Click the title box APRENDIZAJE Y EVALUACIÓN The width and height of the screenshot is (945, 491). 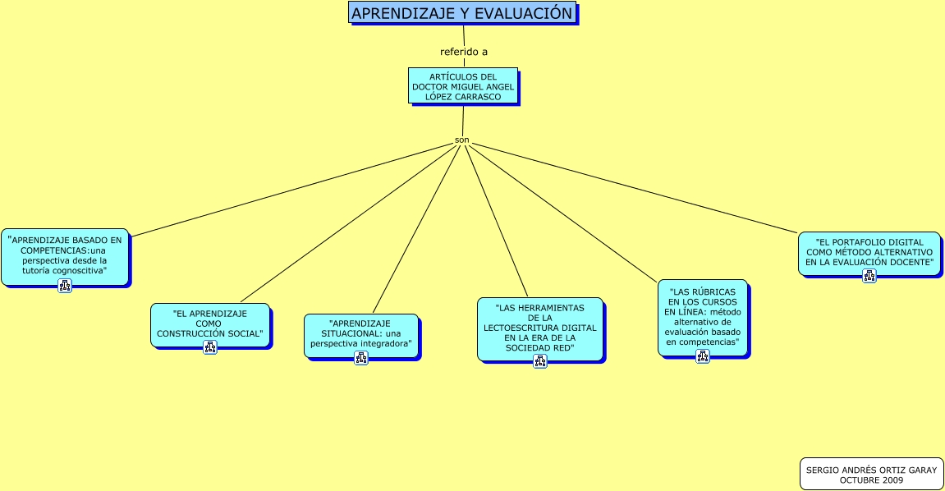point(462,13)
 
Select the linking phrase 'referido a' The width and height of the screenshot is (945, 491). point(464,52)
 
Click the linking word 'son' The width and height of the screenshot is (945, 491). point(462,140)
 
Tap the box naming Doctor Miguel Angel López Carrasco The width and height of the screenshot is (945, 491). point(463,85)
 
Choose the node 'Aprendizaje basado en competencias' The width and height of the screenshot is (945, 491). point(65,255)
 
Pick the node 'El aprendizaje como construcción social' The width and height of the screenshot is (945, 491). point(209,324)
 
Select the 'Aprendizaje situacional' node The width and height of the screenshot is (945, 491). point(360,333)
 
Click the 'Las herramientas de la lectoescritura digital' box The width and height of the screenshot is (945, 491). point(539,328)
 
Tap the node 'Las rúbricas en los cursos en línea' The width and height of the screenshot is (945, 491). point(702,316)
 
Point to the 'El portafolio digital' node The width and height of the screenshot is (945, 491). point(869,251)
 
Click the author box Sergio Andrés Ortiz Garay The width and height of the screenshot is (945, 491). point(871,474)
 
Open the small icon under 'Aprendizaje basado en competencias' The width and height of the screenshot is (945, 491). point(65,286)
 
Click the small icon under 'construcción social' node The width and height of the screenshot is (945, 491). point(210,347)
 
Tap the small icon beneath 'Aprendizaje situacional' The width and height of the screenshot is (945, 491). point(361,358)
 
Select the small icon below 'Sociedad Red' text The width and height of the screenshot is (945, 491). point(540,361)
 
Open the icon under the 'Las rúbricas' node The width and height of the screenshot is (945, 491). point(703,356)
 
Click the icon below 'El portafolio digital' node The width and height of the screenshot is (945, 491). point(869,276)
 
